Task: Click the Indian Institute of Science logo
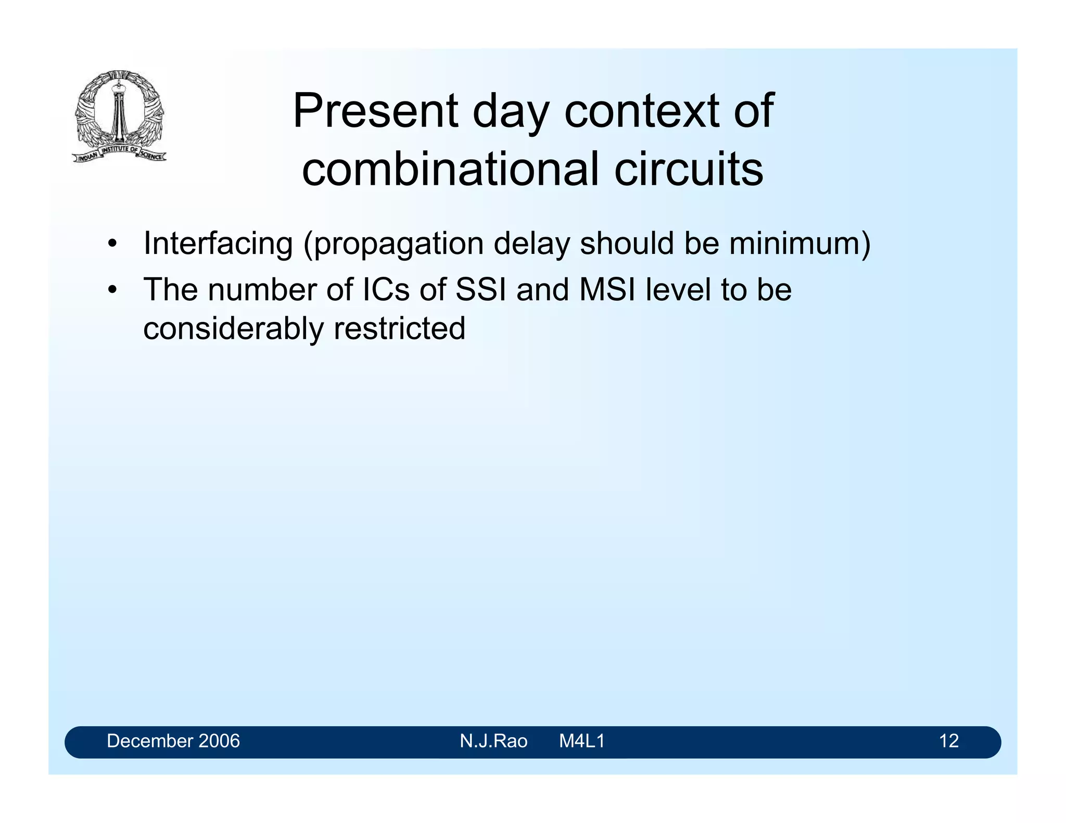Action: point(119,115)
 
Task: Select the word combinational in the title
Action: point(451,169)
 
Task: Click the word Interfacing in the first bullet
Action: point(218,243)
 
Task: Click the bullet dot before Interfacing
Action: point(112,244)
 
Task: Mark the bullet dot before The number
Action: point(112,290)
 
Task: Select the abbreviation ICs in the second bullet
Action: point(386,289)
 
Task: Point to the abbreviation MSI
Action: point(607,289)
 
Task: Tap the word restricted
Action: point(399,329)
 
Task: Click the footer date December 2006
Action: point(173,741)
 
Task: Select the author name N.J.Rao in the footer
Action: point(493,741)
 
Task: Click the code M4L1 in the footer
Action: point(582,741)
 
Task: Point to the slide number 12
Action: point(949,741)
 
